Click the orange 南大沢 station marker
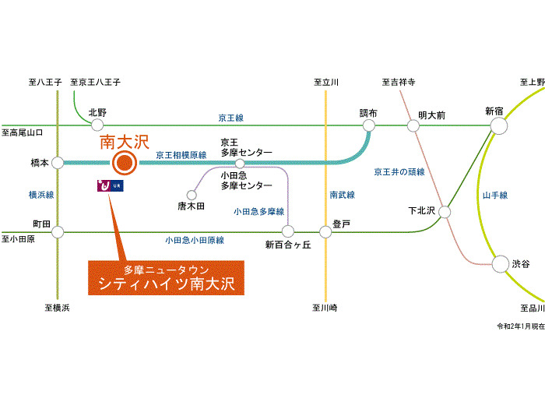[x=124, y=163]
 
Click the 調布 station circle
[x=368, y=125]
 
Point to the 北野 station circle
[x=97, y=125]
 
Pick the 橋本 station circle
[x=58, y=163]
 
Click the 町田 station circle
[x=58, y=231]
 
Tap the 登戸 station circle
[x=325, y=231]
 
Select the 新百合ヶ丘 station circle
[x=288, y=231]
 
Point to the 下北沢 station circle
[x=445, y=211]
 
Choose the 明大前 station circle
[x=413, y=125]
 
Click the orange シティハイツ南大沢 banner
[x=166, y=279]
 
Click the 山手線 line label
[x=495, y=195]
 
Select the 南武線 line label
[x=342, y=195]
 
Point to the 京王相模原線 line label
[x=181, y=156]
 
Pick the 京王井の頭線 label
[x=399, y=171]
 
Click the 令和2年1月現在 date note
[x=520, y=325]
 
